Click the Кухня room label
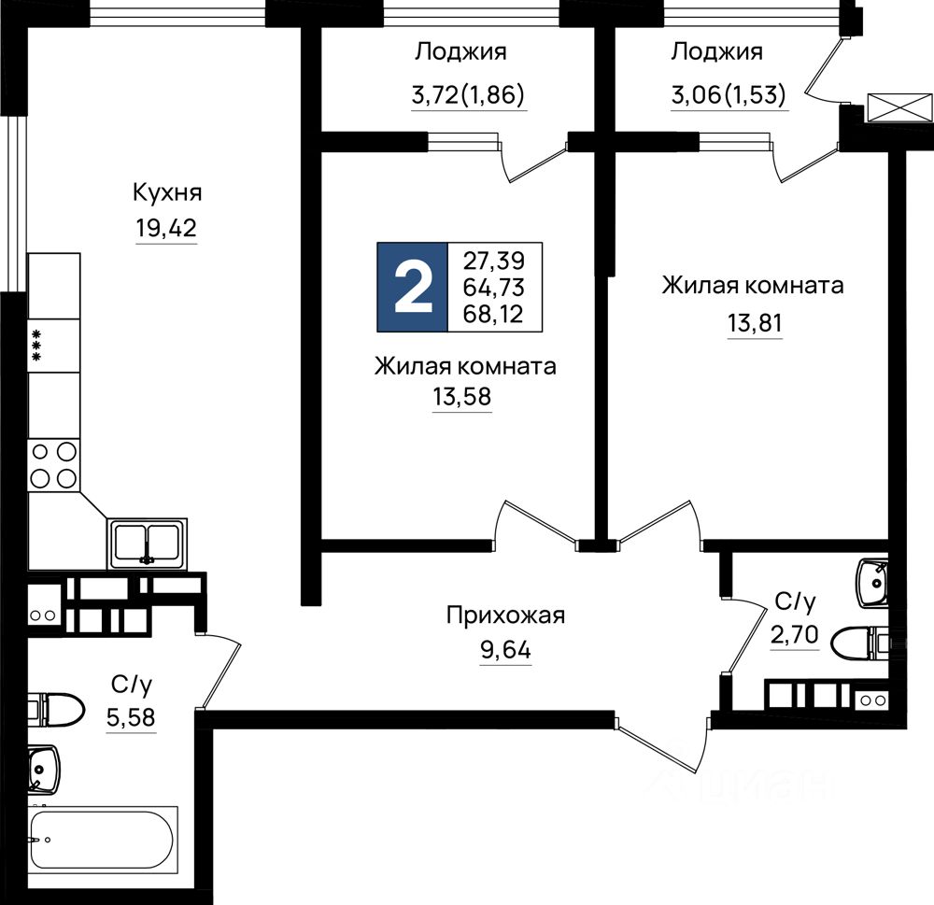point(167,193)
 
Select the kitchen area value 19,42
point(166,228)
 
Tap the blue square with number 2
point(412,287)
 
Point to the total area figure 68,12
point(493,314)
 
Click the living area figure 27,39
point(494,261)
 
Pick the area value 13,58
point(462,396)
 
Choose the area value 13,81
point(755,323)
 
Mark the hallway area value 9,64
point(505,650)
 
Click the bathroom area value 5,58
point(131,718)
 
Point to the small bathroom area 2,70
point(795,636)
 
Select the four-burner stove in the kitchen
point(53,465)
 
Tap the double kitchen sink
point(148,544)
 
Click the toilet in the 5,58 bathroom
point(55,710)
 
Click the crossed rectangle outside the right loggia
point(900,107)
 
